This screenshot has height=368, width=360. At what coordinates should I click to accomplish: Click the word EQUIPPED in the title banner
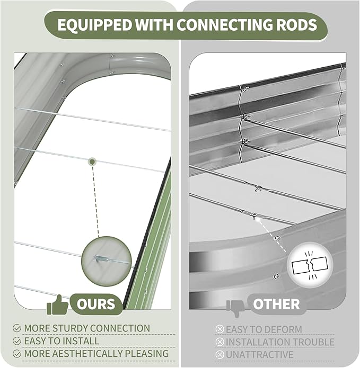click(x=94, y=25)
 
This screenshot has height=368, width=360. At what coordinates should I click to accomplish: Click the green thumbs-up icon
click(x=57, y=305)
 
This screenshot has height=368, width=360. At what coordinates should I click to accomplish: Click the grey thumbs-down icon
click(x=235, y=308)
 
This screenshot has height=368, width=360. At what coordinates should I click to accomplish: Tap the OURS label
click(x=96, y=304)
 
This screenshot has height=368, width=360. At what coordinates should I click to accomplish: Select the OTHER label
click(x=276, y=304)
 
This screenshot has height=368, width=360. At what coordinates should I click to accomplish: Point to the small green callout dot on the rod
click(x=92, y=161)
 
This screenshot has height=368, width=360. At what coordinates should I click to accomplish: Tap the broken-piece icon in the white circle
click(x=310, y=265)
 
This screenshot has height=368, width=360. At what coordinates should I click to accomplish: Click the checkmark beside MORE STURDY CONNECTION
click(x=16, y=328)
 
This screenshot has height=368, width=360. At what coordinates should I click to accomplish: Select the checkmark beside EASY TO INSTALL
click(x=16, y=341)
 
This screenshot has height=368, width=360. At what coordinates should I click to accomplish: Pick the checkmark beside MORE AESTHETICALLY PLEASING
click(x=16, y=354)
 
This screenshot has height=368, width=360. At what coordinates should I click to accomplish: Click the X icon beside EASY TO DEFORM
click(x=219, y=329)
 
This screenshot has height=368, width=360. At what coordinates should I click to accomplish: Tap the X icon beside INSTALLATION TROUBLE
click(x=219, y=342)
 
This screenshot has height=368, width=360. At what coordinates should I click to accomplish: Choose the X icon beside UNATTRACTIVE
click(x=219, y=355)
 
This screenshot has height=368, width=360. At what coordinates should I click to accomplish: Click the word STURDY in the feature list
click(x=71, y=328)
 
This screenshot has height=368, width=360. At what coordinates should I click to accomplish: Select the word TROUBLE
click(x=311, y=342)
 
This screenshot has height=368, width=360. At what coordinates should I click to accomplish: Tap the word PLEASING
click(x=147, y=354)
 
